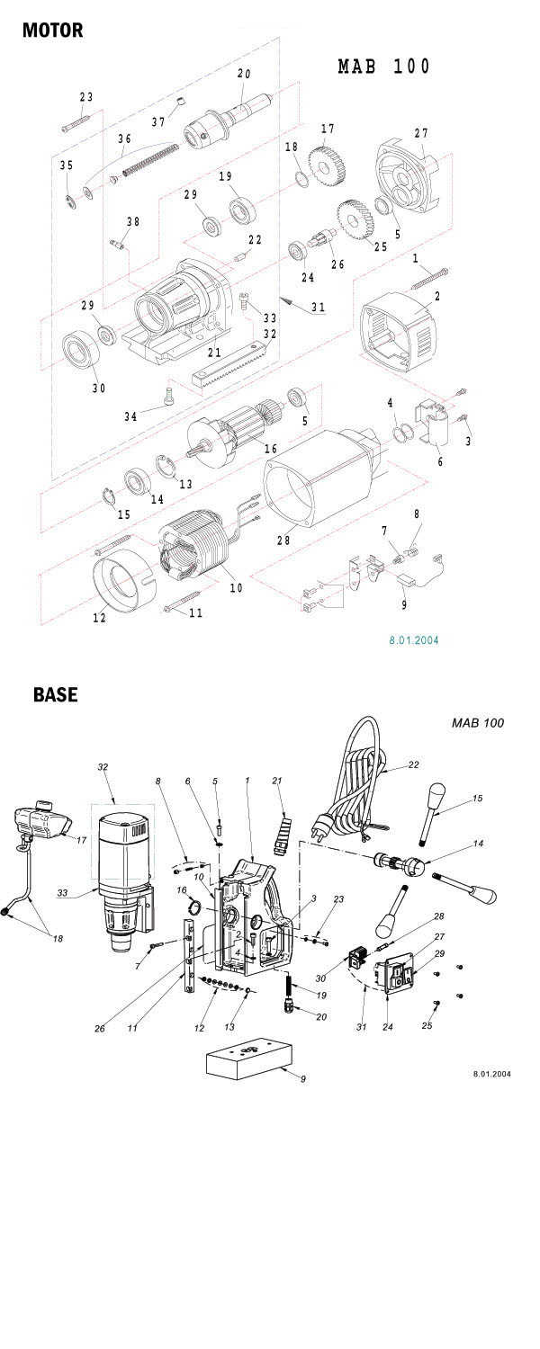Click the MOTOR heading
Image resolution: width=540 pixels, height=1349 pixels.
pos(52,30)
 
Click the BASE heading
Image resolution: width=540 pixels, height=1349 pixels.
pos(56,694)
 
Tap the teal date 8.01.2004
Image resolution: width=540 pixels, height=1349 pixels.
pos(413,639)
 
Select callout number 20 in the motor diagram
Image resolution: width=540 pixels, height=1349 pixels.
pos(244,74)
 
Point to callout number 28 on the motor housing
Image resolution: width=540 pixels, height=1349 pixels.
pos(283,540)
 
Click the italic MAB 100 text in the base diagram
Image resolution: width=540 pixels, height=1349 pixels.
pos(478,723)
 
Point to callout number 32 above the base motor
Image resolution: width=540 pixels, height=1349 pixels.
pos(103,766)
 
